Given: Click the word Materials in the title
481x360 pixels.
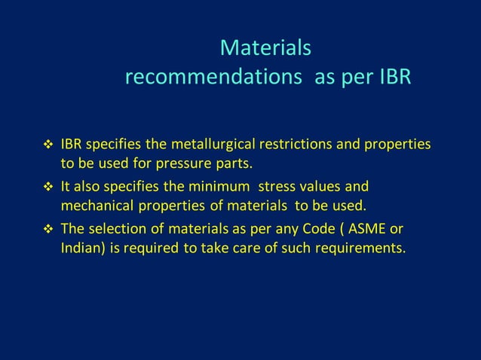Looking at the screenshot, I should [265, 48].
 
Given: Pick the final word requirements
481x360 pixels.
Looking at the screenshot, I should [357, 248].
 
